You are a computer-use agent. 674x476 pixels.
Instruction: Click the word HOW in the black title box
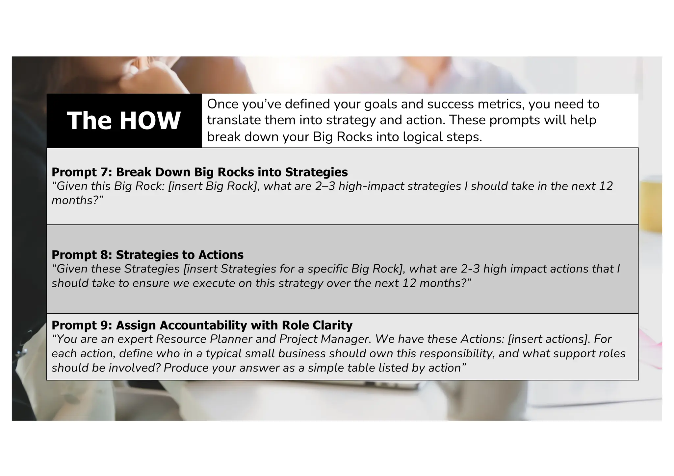[150, 121]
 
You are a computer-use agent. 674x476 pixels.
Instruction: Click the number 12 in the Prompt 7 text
[606, 186]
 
